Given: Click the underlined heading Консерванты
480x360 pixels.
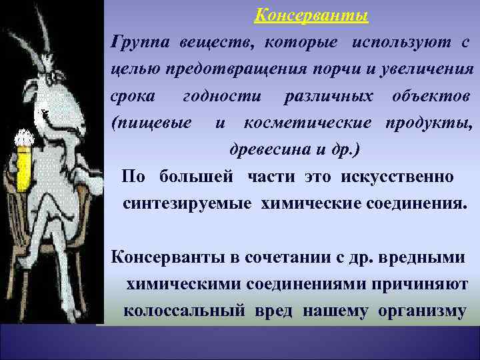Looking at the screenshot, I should [x=312, y=15].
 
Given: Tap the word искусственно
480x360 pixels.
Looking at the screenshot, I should [x=397, y=176].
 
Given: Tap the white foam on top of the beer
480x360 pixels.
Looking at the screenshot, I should [x=25, y=139].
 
